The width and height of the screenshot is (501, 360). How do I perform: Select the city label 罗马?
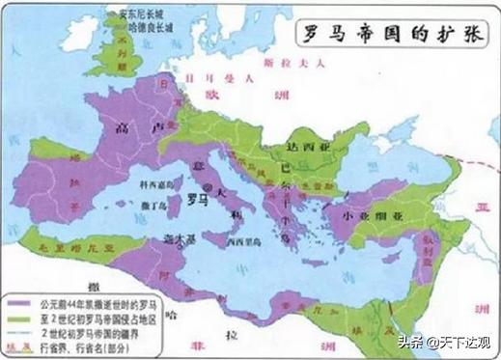197,202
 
